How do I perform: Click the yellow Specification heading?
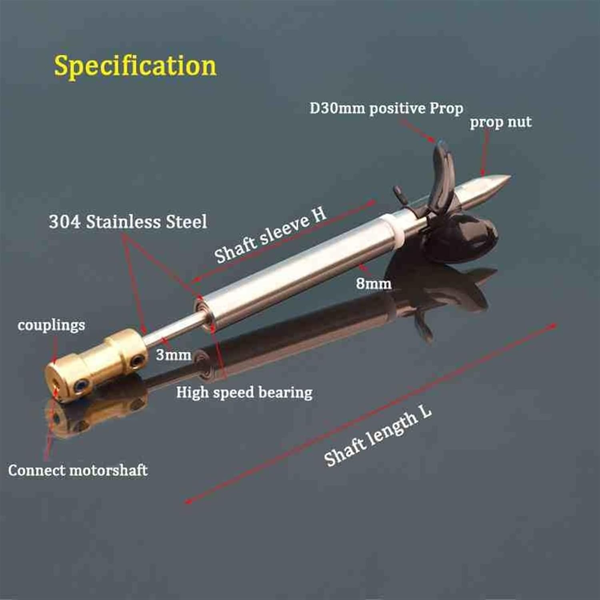(135, 66)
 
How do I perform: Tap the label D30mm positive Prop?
(386, 108)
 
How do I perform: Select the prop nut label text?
(500, 122)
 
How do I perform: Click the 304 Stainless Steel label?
(128, 222)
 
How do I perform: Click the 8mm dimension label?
(374, 284)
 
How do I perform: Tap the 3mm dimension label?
(173, 354)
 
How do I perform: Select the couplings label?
(51, 325)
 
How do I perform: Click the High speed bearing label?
(244, 392)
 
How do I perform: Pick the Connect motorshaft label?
(78, 470)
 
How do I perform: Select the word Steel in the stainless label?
(186, 222)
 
